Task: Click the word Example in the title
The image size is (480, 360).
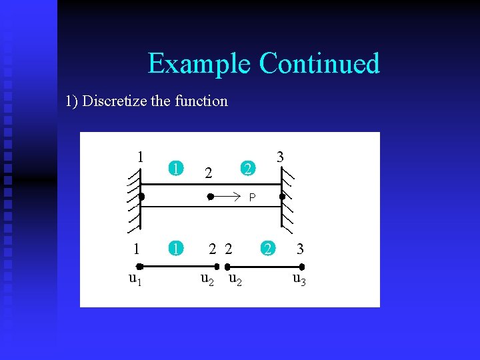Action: (x=199, y=64)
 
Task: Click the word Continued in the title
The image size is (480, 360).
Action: (x=319, y=64)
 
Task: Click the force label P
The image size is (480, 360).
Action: (x=252, y=197)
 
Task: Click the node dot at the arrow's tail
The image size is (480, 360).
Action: (x=209, y=197)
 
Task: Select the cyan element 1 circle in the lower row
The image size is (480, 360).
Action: (x=175, y=249)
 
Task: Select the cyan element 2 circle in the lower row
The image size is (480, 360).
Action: (x=267, y=249)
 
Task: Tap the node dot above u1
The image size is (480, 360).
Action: (x=139, y=266)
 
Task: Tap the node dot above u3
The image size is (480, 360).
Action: (x=302, y=266)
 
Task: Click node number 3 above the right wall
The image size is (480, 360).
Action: (x=281, y=157)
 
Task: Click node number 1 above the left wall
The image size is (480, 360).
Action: (x=140, y=157)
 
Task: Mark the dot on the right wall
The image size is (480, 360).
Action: (x=282, y=197)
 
